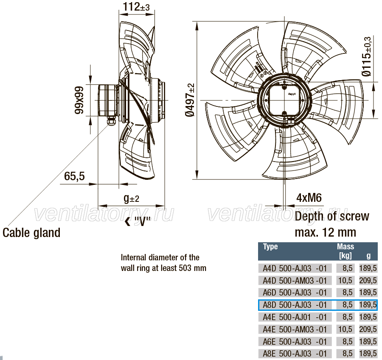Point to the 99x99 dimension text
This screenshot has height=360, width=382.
click(79, 100)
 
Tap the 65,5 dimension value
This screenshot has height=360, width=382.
click(74, 176)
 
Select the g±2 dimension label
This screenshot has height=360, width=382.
click(131, 198)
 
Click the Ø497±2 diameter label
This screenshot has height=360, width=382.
click(190, 100)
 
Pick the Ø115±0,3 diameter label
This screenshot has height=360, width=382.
click(366, 56)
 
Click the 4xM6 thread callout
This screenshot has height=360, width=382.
click(309, 198)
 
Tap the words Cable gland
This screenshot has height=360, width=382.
click(31, 233)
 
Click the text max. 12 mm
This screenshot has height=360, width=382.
click(326, 232)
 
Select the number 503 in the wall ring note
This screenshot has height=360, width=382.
click(185, 268)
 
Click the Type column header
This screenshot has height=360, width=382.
click(270, 246)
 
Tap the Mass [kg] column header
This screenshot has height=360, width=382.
click(345, 251)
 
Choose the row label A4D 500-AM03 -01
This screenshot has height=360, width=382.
click(295, 280)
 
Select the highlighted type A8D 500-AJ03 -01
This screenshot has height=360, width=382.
click(295, 305)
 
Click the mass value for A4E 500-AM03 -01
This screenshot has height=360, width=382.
click(345, 329)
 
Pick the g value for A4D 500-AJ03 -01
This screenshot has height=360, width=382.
click(368, 268)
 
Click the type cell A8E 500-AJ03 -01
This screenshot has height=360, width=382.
click(295, 354)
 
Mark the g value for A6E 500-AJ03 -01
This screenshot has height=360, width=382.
click(368, 341)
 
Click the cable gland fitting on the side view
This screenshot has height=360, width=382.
click(111, 121)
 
